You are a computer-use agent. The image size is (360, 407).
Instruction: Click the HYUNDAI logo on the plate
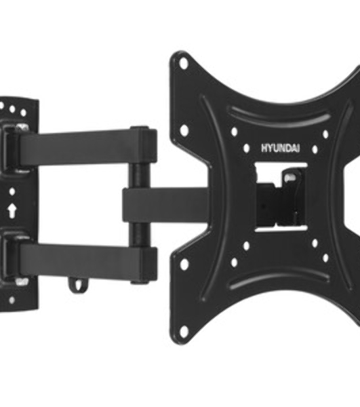[280, 148]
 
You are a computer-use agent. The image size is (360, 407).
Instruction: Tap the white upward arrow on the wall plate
[12, 210]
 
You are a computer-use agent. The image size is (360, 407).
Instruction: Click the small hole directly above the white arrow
[12, 192]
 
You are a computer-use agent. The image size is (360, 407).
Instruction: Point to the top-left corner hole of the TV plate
[184, 63]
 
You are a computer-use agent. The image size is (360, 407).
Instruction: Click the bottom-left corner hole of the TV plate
[184, 330]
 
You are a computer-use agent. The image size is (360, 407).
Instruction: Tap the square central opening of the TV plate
[281, 197]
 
